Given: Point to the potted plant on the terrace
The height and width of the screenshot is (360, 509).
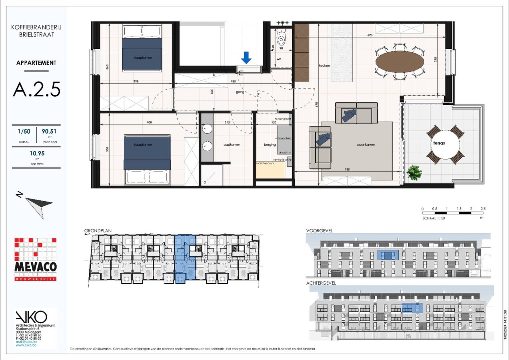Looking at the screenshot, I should [414, 173].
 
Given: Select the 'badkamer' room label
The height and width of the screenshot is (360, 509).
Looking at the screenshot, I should [232, 144].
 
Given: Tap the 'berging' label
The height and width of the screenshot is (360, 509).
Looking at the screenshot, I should [270, 144].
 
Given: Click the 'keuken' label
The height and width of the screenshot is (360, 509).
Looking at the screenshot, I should [324, 65].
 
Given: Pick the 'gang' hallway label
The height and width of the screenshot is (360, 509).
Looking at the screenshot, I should [240, 92].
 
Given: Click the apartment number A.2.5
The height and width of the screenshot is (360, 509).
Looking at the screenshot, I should [36, 89].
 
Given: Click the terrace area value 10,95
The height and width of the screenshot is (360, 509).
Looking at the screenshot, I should [36, 153].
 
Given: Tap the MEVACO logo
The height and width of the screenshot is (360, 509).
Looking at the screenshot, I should [36, 260].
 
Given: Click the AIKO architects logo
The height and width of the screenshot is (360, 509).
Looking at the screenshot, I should [31, 317].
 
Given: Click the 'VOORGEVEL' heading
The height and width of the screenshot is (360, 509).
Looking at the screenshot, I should [319, 231].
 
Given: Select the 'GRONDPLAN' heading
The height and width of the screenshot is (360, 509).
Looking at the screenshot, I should [98, 231].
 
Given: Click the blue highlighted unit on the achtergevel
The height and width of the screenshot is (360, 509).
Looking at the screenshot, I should [412, 308].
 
